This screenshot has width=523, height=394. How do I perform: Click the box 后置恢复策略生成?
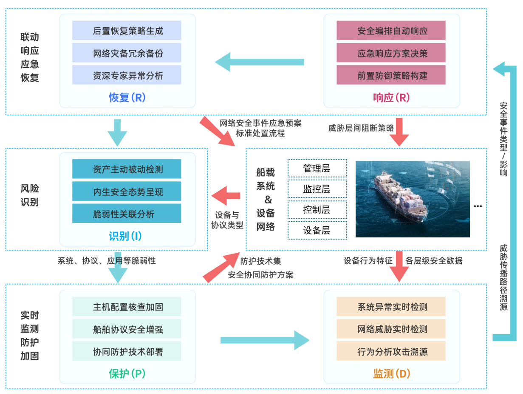point(127,31)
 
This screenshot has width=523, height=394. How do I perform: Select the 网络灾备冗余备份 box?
point(127,53)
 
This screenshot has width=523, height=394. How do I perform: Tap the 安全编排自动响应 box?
point(391,31)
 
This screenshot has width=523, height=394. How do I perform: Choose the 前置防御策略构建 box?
point(391,75)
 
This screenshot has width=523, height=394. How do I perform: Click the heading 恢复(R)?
point(127,97)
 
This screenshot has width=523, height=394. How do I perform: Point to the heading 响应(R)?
point(391,97)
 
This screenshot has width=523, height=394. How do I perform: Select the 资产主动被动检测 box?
point(127,169)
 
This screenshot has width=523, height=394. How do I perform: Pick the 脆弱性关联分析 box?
point(127,214)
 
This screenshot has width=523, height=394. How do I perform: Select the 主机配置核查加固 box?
point(127,307)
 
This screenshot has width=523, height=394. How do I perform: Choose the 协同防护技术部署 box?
point(127,351)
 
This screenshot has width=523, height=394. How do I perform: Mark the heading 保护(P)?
point(127,374)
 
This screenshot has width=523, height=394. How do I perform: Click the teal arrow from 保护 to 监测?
point(265,340)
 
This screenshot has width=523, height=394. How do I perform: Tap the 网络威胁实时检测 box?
point(391,329)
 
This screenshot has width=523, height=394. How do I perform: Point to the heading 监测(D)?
point(391,374)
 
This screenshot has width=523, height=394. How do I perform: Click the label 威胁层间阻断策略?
point(361,128)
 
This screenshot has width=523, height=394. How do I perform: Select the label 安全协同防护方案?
point(260,275)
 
